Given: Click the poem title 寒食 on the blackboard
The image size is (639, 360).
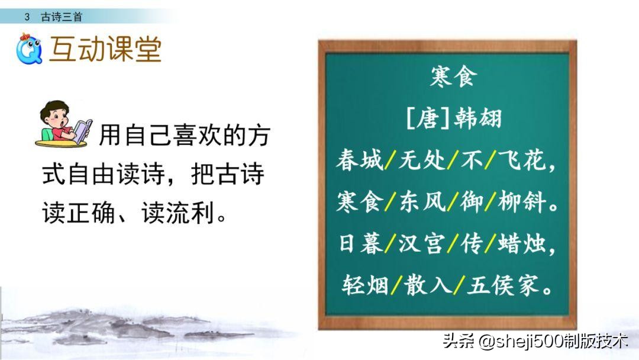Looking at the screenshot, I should [x=451, y=78].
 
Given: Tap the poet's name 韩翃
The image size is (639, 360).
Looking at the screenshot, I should [x=478, y=118].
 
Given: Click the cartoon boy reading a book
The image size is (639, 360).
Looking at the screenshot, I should [x=63, y=124].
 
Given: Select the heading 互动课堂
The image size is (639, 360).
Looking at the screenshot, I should [x=105, y=50].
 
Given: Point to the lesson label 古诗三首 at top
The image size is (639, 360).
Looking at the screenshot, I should [x=61, y=17].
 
